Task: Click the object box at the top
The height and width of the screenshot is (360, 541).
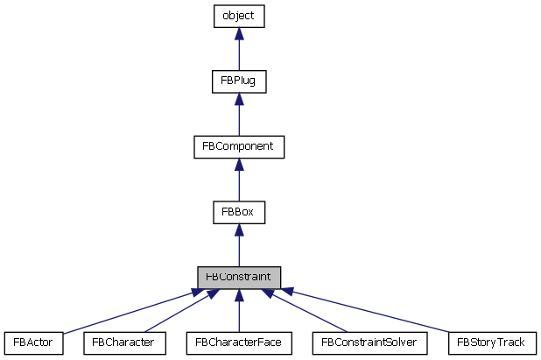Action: coord(238,16)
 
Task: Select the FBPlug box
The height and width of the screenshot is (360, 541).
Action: coord(238,81)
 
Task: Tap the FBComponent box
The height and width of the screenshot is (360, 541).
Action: coord(238,146)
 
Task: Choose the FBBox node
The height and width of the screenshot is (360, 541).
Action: coord(238,212)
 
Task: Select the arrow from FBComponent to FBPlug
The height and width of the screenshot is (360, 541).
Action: coord(238,116)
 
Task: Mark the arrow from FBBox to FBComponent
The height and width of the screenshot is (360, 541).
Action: coord(238,181)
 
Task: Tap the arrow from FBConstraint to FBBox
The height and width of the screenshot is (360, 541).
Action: coord(238,246)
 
